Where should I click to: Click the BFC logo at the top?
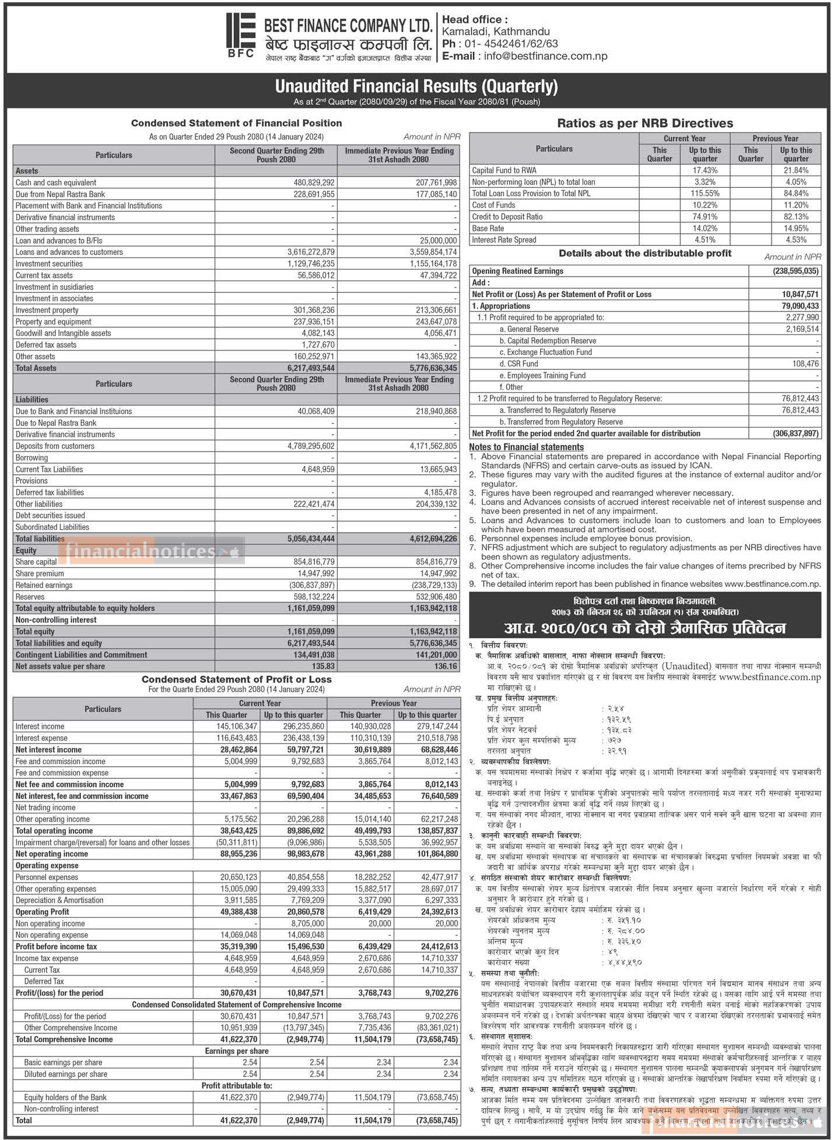click(x=240, y=35)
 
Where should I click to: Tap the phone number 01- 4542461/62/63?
click(x=508, y=44)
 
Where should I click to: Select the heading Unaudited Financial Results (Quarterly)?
click(x=416, y=86)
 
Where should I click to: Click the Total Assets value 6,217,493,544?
click(x=310, y=368)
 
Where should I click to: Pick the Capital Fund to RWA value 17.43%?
click(x=705, y=170)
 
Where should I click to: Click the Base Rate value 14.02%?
click(x=705, y=229)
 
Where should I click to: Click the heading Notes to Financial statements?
click(x=526, y=447)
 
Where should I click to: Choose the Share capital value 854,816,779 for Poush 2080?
click(x=314, y=562)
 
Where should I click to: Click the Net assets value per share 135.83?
click(x=323, y=666)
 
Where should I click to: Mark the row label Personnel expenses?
click(x=47, y=877)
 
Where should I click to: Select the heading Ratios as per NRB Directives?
click(x=645, y=123)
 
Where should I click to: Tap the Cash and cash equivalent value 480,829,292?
click(x=314, y=183)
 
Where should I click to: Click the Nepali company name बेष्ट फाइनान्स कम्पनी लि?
click(x=348, y=44)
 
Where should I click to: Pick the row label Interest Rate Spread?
click(x=504, y=240)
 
